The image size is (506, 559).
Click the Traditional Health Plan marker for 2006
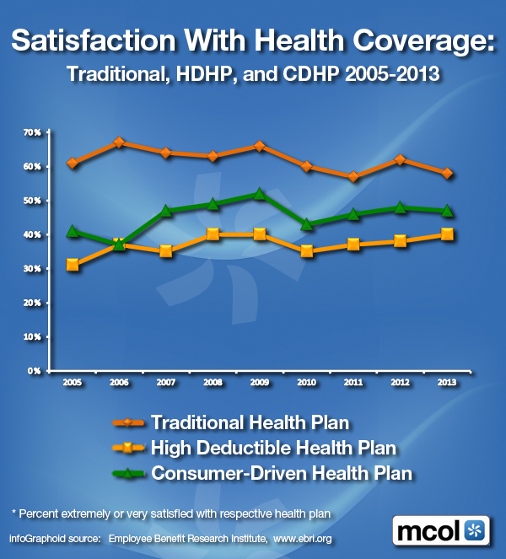[119, 142]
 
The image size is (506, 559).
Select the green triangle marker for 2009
[260, 194]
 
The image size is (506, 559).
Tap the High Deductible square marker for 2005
[73, 265]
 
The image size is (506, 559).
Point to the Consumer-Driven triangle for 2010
[307, 224]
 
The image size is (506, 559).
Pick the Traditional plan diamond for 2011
[354, 176]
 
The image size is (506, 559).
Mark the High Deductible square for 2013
[448, 234]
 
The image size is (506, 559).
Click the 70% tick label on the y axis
[32, 132]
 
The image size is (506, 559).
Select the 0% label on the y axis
[35, 370]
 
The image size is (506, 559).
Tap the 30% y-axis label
[32, 268]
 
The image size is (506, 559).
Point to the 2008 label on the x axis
[213, 382]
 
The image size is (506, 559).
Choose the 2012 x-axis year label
[401, 382]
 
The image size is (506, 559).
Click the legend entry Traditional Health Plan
[250, 421]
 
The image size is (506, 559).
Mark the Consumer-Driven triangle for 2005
[73, 230]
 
